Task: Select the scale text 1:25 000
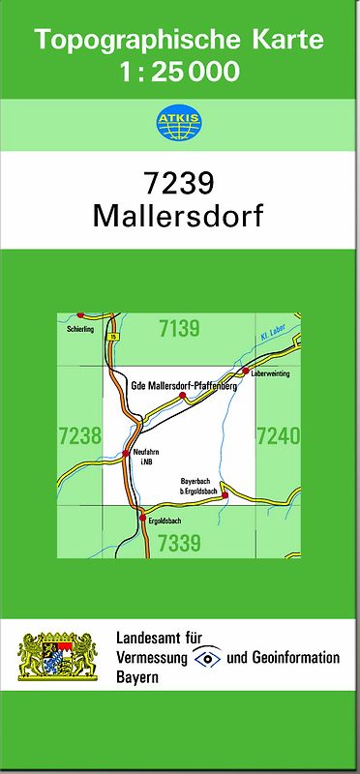(179, 70)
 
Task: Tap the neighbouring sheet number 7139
(179, 328)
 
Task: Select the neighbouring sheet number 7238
(79, 435)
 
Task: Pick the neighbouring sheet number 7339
(179, 542)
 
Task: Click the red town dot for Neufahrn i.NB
(126, 452)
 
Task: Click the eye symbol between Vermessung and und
(206, 658)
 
